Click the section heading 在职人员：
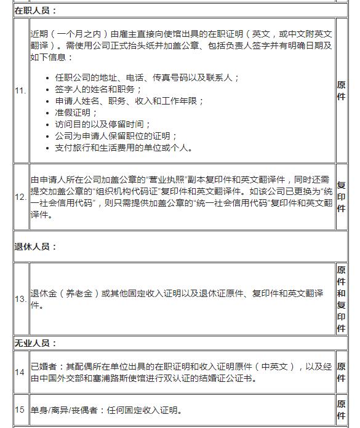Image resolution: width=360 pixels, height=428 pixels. (x=36, y=10)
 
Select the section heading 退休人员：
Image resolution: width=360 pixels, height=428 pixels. (x=36, y=247)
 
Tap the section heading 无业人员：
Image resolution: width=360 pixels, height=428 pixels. (x=36, y=343)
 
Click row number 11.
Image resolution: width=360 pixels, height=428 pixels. (x=20, y=90)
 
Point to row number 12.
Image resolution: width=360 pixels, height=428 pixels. (x=20, y=196)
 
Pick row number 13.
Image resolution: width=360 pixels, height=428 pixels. (x=20, y=299)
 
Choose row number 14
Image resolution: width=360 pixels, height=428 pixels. (x=20, y=372)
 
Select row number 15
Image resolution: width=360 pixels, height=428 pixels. (x=20, y=410)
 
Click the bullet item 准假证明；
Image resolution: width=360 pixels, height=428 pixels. (x=76, y=113)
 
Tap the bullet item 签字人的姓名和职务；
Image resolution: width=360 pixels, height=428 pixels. (x=98, y=89)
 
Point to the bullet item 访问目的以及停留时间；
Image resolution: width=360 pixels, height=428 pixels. (x=103, y=124)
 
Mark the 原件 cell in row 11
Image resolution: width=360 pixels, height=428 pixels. (x=341, y=90)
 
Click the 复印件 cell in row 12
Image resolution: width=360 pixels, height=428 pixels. (x=341, y=196)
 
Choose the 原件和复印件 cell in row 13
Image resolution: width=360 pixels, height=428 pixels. (x=341, y=299)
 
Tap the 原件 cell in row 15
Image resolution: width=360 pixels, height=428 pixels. (x=341, y=410)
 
